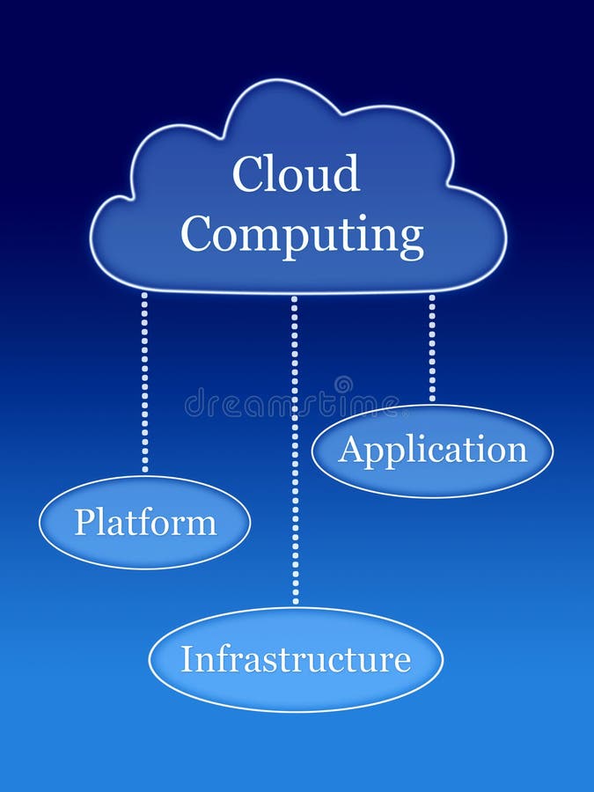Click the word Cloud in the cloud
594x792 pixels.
(x=296, y=174)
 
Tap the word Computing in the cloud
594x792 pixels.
(x=302, y=235)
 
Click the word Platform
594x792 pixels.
(x=145, y=522)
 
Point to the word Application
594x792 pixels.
(x=433, y=451)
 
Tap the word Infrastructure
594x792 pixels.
(x=296, y=659)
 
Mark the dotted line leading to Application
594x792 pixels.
(x=432, y=348)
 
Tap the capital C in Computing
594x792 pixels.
(x=197, y=235)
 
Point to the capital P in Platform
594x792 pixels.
(x=83, y=522)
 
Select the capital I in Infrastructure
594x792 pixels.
(x=187, y=659)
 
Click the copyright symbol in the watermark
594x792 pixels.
(x=342, y=385)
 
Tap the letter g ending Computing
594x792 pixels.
(x=411, y=240)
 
